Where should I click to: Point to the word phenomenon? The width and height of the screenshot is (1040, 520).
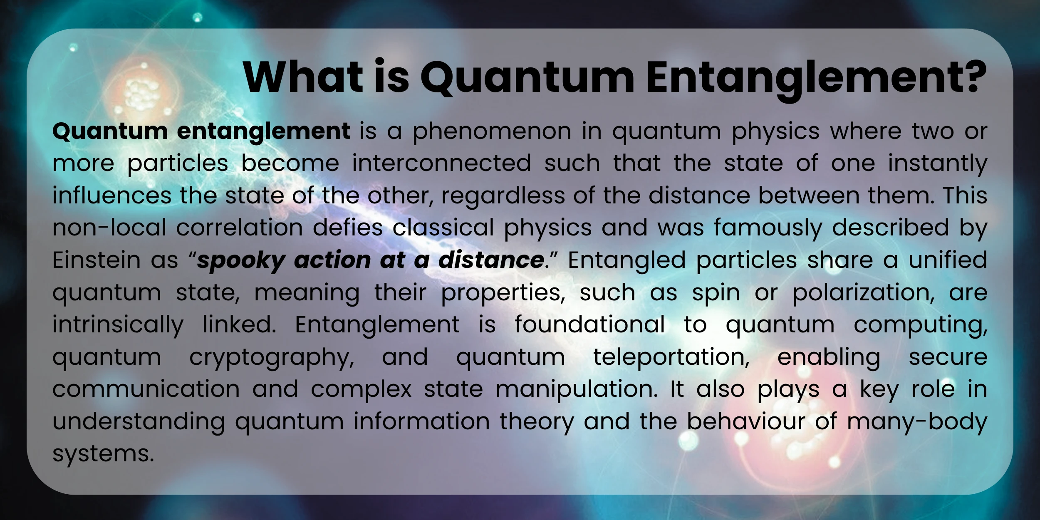coord(492,131)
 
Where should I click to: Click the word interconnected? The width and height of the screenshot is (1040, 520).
coord(441,163)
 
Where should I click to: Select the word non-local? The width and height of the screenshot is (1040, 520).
coord(109,228)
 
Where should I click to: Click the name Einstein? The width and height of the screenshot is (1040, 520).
coord(97,260)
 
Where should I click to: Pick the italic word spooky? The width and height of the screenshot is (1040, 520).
coord(241,261)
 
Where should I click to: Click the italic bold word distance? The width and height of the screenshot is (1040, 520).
coord(491,260)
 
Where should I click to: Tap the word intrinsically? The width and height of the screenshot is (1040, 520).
coord(118,325)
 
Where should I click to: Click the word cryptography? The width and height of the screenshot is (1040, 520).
coord(272,358)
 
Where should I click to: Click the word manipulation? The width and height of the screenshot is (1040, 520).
coord(577,390)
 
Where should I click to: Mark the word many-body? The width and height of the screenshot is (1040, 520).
coord(917,422)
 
